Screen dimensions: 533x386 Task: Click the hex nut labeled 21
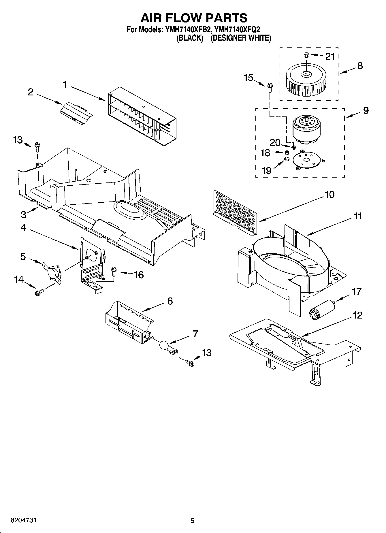coord(306,55)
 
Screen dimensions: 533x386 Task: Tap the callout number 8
coord(360,66)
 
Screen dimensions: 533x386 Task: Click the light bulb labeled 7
coord(167,346)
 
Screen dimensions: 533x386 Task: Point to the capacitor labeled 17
coord(321,308)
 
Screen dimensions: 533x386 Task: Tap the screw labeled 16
coord(113,271)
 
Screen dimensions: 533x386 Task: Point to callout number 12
coord(357,315)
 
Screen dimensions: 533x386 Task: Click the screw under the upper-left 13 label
coord(37,147)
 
